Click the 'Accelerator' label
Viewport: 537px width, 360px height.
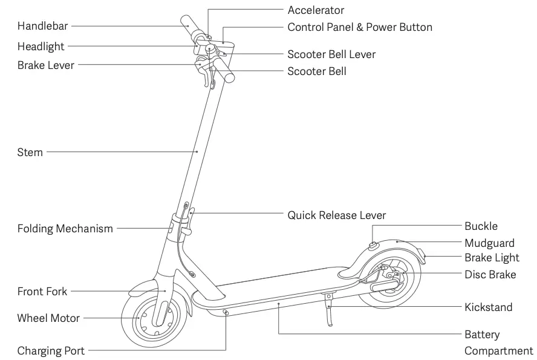coord(316,10)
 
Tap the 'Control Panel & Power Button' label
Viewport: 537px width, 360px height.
coord(360,27)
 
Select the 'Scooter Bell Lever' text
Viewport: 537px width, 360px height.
coord(331,54)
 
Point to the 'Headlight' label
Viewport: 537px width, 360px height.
coord(41,47)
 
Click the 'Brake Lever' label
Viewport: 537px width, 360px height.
coord(46,65)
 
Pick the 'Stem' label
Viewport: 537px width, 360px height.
coord(30,152)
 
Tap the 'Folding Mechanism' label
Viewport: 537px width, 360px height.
coord(65,229)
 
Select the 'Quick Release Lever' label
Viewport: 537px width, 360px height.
coord(336,215)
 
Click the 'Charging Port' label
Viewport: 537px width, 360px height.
coord(51,351)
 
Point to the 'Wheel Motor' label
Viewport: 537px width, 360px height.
coord(48,318)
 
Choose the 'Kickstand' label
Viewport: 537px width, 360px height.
coord(488,307)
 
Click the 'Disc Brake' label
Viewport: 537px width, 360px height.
coord(490,275)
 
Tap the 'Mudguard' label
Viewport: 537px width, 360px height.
coord(489,243)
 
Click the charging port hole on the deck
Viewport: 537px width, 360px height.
coord(226,312)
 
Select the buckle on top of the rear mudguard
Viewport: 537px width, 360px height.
coord(371,245)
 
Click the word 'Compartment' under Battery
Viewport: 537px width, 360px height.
coord(498,351)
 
